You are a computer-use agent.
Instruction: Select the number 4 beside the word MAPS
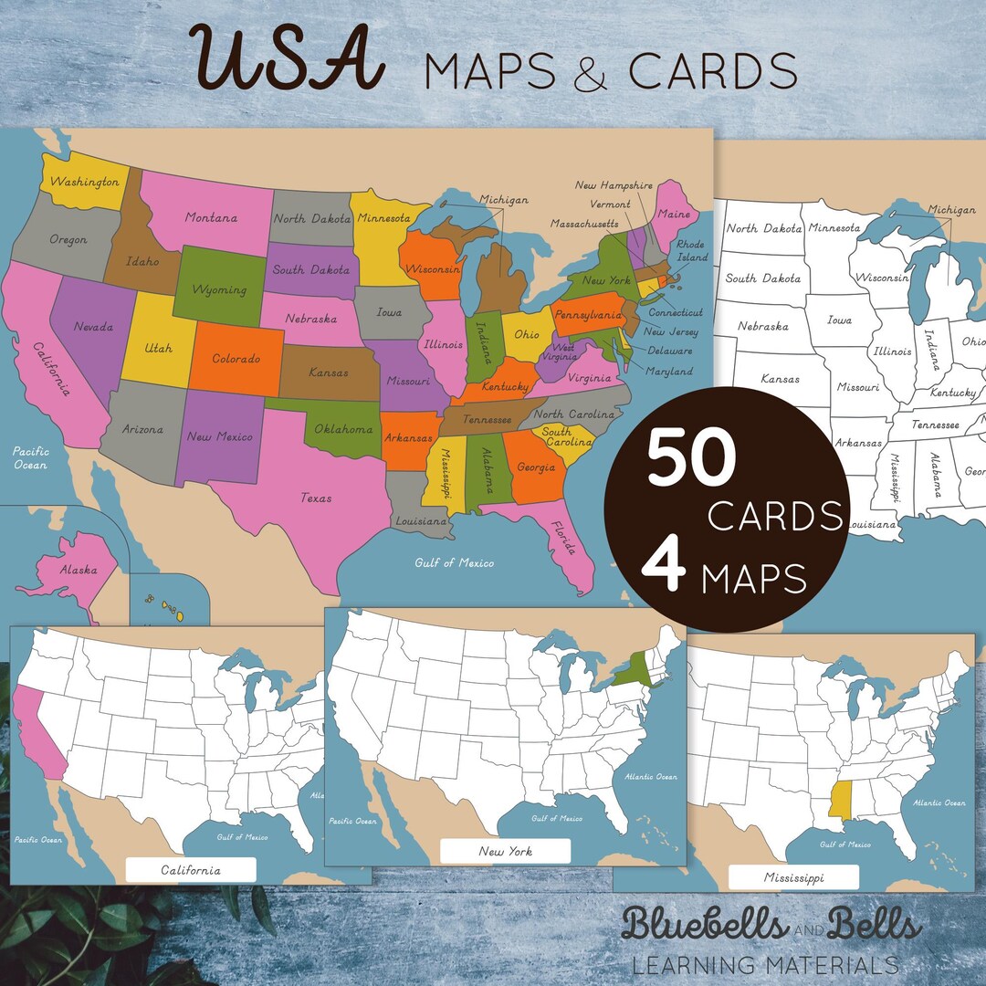coord(663,569)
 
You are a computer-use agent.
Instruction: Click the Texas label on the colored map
coord(316,498)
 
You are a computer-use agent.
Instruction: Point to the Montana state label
coord(211,218)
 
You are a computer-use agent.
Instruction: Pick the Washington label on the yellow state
coord(84,182)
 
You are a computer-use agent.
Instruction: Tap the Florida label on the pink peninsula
coord(560,540)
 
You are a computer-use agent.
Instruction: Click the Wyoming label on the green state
coord(219,290)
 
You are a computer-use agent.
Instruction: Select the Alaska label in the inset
coord(79,570)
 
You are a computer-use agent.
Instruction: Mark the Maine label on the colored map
coord(675,215)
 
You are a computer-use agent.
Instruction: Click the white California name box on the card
coord(191,870)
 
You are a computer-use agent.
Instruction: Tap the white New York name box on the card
coord(505,851)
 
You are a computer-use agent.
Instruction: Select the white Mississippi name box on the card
coord(793,877)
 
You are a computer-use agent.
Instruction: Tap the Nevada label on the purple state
coord(94,327)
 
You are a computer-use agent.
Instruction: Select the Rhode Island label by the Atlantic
coord(691,251)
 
